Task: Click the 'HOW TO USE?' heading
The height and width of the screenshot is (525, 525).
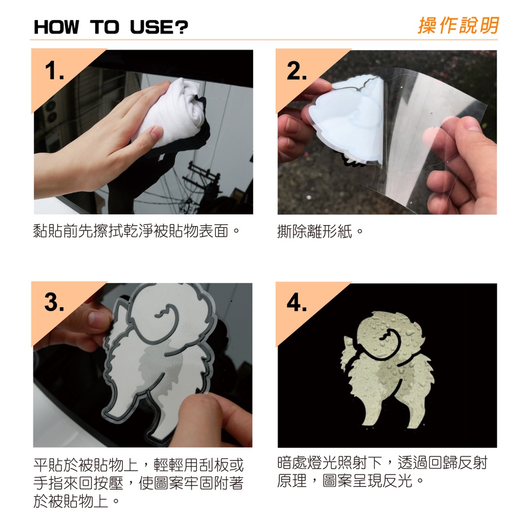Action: pos(111,27)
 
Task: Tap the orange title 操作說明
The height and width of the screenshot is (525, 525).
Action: pos(458,26)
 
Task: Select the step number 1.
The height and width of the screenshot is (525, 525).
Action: pos(54,71)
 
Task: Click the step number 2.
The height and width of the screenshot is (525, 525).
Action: pos(297,71)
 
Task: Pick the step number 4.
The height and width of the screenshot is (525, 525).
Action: pos(297,303)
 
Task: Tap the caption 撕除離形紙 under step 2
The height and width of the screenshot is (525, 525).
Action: pos(315,231)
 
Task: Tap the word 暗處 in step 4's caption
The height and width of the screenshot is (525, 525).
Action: pos(292,463)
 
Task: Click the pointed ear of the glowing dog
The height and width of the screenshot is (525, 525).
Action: pos(348,343)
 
